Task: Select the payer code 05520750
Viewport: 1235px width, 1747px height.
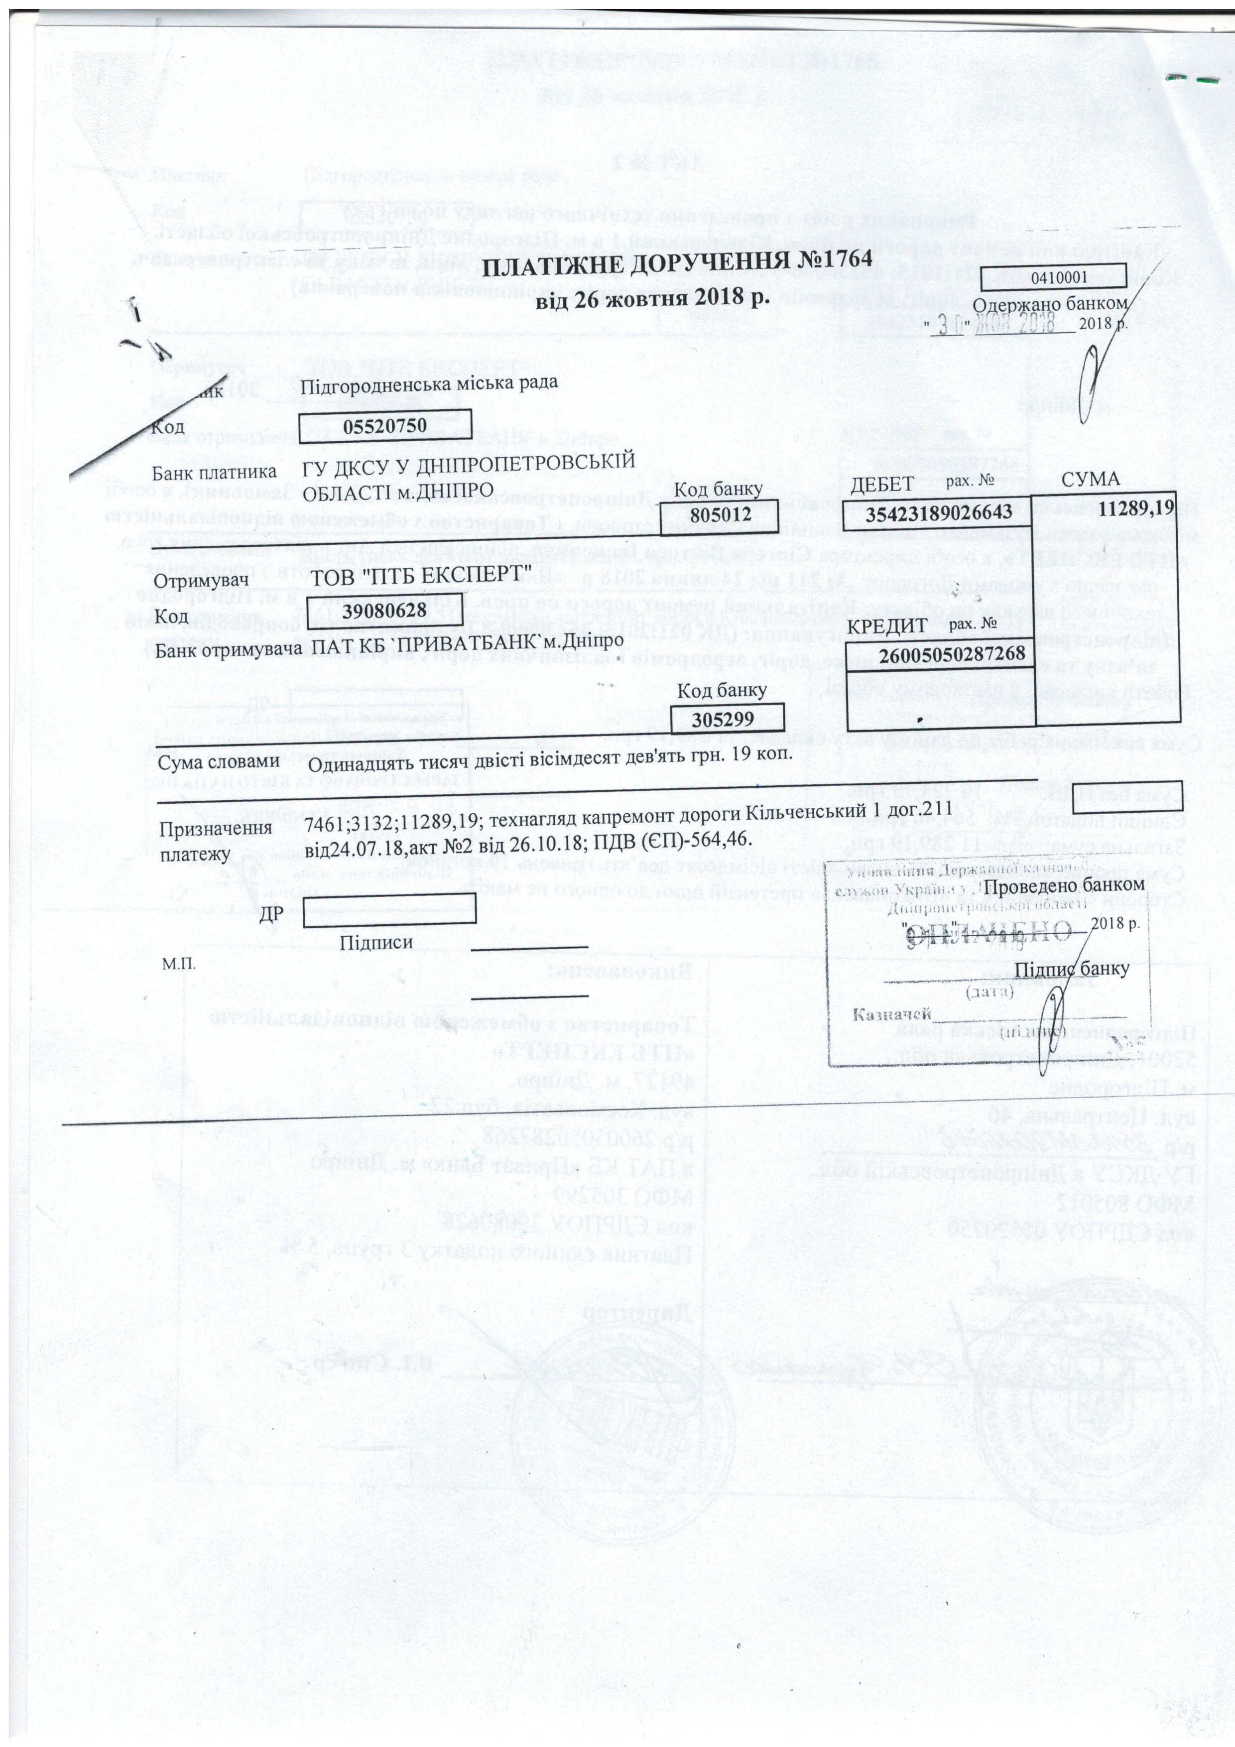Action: [384, 426]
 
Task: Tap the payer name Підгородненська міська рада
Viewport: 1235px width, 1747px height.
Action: [430, 383]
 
